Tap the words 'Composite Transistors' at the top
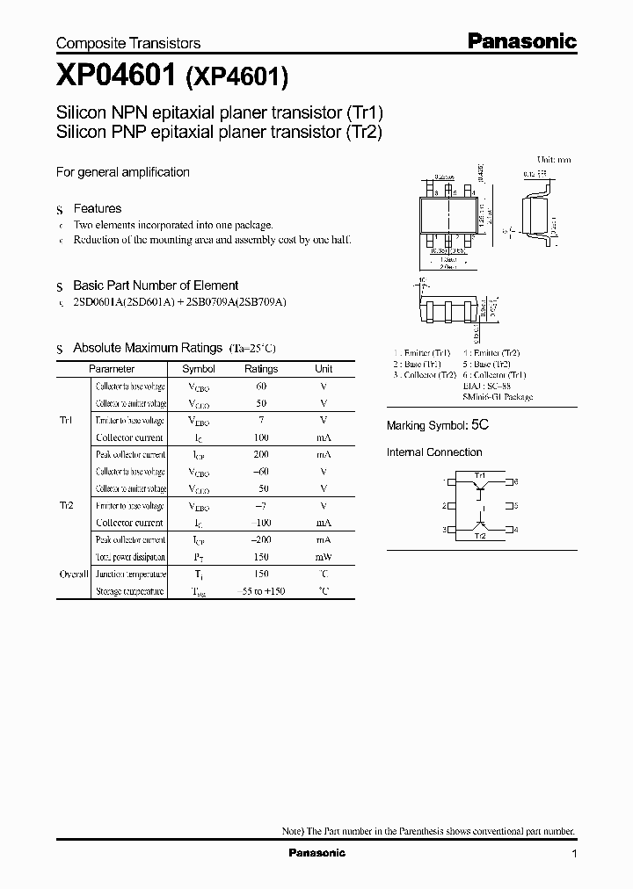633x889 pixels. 128,43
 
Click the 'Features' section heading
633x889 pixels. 97,208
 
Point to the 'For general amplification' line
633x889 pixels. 123,172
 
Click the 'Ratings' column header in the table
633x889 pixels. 260,369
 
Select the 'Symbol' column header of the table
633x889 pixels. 198,369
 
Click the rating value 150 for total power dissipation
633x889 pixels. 260,557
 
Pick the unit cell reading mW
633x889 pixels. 324,557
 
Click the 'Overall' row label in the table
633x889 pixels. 74,575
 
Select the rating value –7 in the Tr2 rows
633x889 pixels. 260,506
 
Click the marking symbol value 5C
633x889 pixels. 479,424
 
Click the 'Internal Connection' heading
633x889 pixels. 434,452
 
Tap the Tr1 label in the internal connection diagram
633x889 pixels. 479,475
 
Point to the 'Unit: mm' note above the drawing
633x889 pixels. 554,160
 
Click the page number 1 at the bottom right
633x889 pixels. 574,854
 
